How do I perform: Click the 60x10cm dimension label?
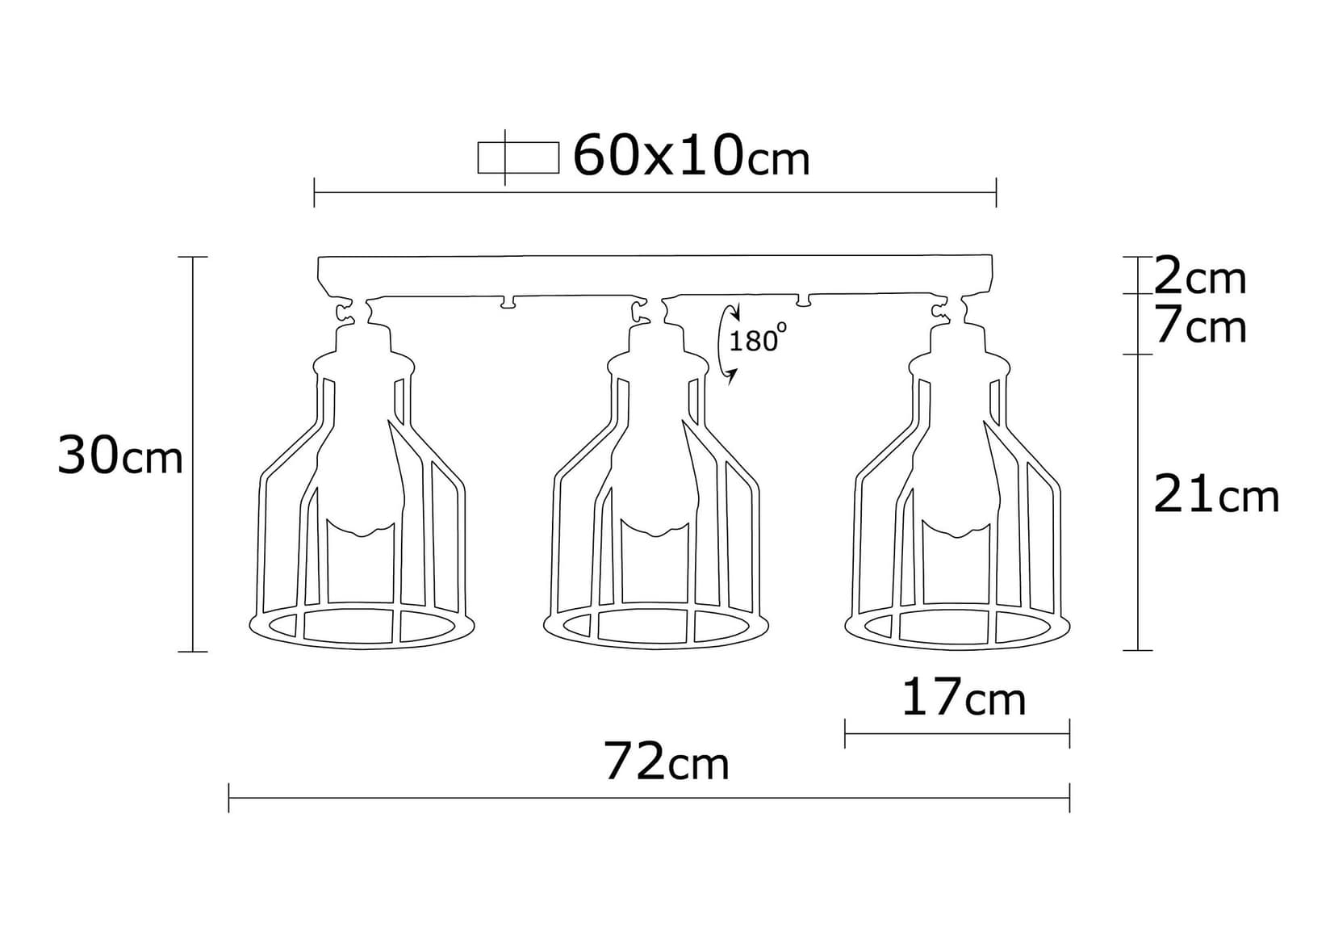point(691,156)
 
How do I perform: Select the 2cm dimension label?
point(1200,278)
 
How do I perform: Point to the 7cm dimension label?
point(1200,327)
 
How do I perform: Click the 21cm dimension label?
point(1216,495)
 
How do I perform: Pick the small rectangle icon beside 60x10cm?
point(517,157)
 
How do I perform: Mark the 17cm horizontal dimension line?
point(957,733)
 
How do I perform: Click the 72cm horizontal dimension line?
point(650,798)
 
